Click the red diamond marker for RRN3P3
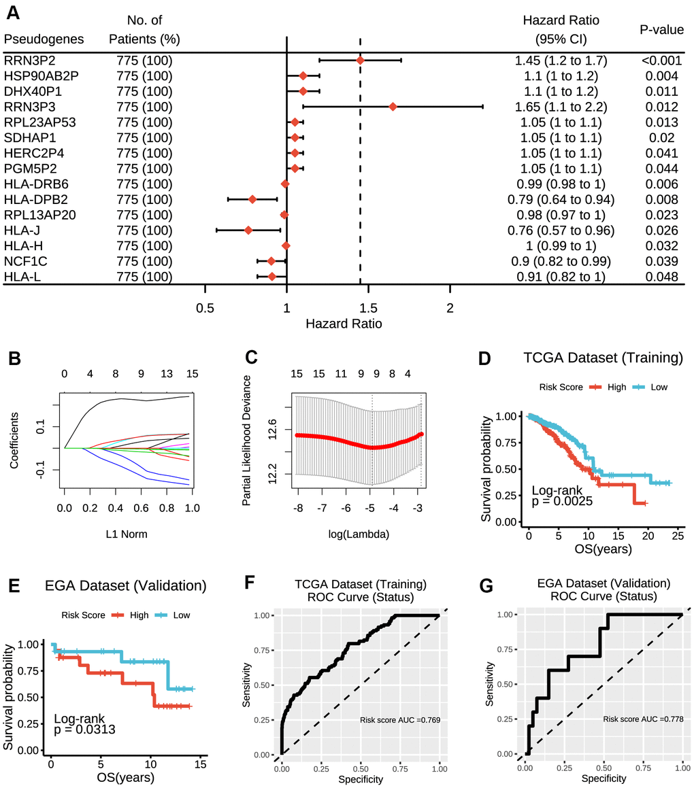[393, 107]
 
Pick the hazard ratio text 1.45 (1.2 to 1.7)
[561, 61]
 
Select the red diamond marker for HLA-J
[248, 230]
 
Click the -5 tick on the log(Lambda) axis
[371, 508]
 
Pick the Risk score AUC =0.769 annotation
[401, 719]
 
